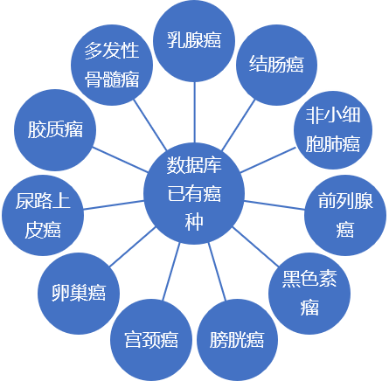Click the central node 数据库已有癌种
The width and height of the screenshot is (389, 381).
[194, 193]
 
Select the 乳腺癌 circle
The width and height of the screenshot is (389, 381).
[194, 41]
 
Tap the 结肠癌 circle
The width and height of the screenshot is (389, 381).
[276, 65]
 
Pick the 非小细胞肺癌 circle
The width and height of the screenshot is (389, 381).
[333, 130]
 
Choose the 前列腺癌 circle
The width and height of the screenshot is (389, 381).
[345, 215]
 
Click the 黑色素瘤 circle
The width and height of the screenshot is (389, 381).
[309, 294]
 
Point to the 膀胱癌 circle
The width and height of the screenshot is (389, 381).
[237, 340]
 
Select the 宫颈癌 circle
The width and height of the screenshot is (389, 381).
[151, 340]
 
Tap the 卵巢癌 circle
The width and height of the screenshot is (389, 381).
[79, 294]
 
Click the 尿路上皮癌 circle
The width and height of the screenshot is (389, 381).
[43, 215]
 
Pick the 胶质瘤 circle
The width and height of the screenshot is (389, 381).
[55, 130]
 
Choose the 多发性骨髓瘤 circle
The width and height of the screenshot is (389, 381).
[112, 65]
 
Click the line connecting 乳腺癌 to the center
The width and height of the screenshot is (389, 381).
[194, 113]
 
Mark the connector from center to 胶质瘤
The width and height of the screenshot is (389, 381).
[121, 160]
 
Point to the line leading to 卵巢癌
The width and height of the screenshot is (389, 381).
[133, 246]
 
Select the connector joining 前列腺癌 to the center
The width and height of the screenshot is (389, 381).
[274, 205]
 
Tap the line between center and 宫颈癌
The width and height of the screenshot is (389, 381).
[171, 272]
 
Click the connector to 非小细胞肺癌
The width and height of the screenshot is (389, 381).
[268, 160]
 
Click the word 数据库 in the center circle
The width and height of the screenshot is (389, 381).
[194, 165]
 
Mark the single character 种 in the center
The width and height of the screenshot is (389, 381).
[194, 222]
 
